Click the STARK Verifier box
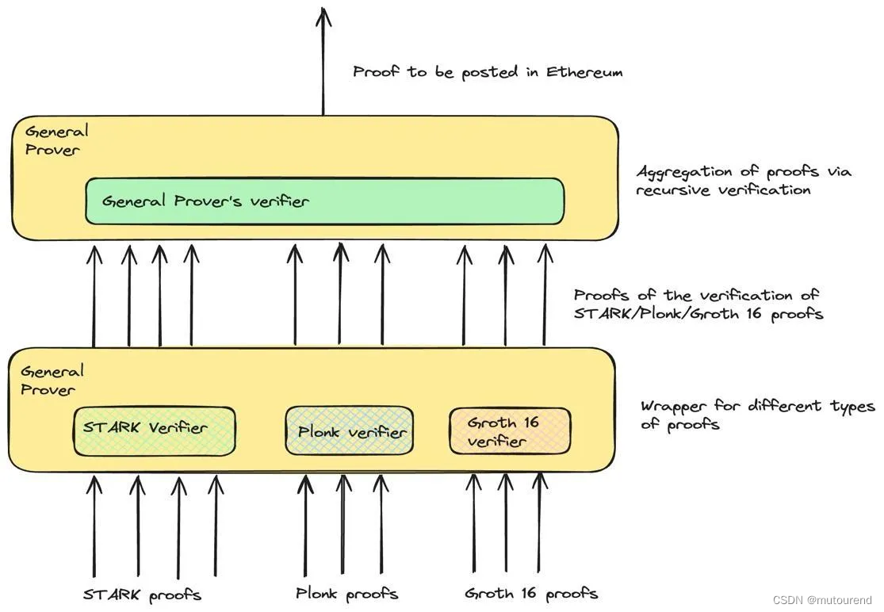point(154,430)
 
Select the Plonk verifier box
point(349,430)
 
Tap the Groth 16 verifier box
point(509,431)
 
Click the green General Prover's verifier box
point(324,201)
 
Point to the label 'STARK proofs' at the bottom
point(143,595)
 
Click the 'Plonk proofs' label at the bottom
point(346,594)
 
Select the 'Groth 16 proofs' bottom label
point(531,594)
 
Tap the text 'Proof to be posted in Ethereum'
point(488,72)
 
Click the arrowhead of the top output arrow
point(323,16)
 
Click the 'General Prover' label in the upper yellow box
point(55,140)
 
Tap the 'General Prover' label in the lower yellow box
point(51,380)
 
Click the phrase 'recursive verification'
point(723,190)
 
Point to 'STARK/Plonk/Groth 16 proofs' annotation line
point(698,314)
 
